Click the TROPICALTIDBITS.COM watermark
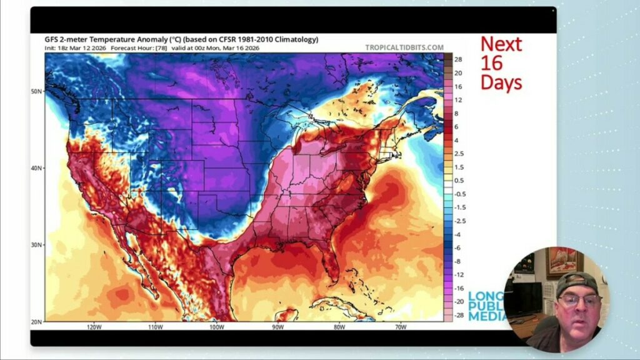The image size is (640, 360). click(x=404, y=47)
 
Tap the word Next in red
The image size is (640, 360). click(x=501, y=44)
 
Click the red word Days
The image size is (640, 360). click(x=501, y=83)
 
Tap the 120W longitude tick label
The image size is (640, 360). click(x=94, y=327)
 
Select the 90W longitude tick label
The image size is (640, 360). click(x=277, y=327)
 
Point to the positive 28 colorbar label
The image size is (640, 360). click(x=457, y=59)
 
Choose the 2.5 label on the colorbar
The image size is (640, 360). click(x=459, y=154)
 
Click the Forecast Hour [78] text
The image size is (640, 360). click(x=134, y=47)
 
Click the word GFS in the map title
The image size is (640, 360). click(x=53, y=39)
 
